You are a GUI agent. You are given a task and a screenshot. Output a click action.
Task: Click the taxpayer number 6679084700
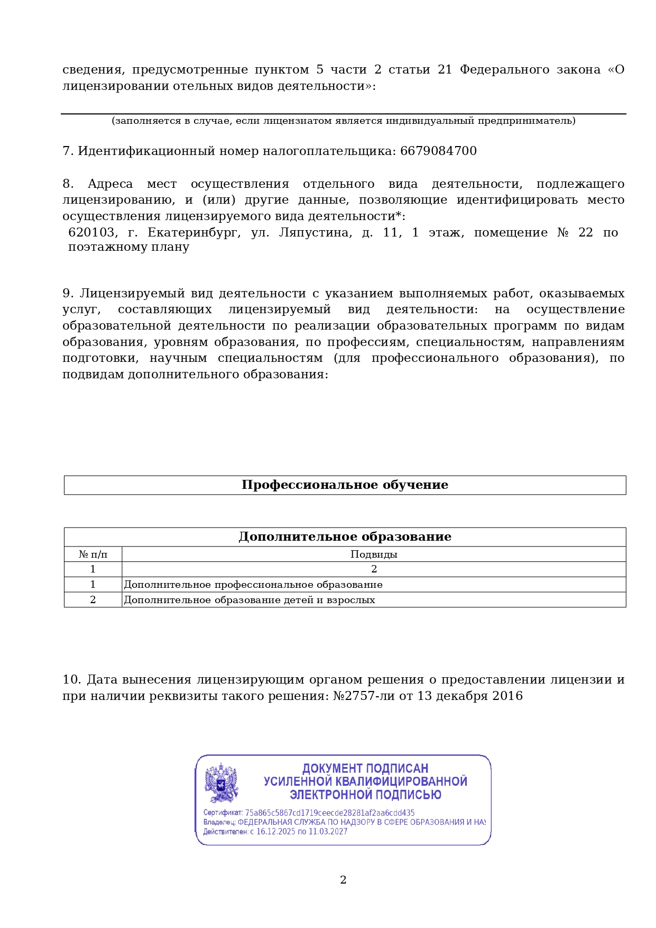438,151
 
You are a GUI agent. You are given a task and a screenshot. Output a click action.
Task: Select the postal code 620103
91,233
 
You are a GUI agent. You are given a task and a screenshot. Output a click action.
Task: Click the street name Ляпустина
315,233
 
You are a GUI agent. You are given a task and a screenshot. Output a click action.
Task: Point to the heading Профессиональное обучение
345,485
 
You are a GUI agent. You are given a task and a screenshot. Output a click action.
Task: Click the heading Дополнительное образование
345,537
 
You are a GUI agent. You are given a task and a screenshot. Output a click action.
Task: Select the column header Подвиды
374,554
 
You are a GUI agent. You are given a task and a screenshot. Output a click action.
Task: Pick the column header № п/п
93,554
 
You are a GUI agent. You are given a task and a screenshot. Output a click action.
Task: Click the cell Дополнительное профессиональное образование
253,585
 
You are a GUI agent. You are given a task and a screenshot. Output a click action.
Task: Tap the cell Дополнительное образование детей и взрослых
250,600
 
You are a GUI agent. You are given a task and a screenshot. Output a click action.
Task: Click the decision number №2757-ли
364,696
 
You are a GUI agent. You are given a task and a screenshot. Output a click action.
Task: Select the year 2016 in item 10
507,696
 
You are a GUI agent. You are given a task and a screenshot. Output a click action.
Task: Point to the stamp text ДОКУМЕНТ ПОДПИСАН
365,768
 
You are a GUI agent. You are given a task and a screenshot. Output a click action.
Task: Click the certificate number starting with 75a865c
329,813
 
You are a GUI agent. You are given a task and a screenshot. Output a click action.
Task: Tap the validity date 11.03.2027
329,832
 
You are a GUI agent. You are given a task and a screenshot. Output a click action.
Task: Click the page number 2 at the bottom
343,880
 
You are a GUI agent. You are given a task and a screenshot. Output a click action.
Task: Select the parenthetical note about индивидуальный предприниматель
344,121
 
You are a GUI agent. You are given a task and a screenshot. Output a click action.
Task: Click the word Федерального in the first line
504,70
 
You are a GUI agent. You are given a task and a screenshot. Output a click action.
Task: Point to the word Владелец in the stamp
219,822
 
